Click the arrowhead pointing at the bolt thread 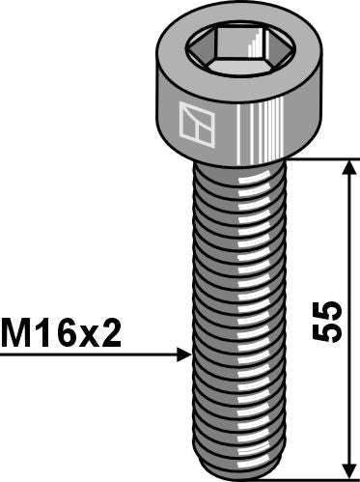click(x=184, y=355)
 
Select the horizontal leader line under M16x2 click(x=87, y=355)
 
